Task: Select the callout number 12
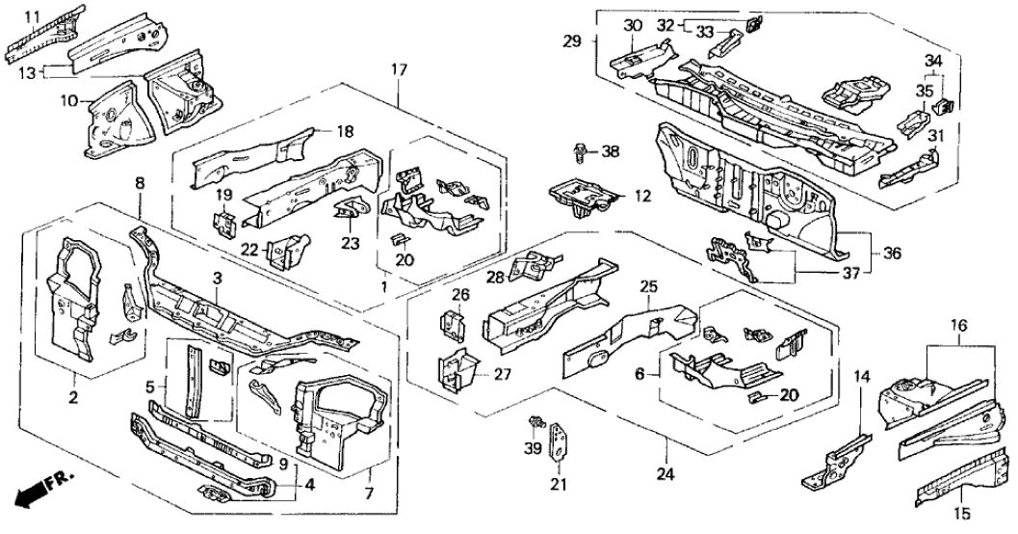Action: pyautogui.click(x=641, y=196)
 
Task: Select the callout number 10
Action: pyautogui.click(x=33, y=16)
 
